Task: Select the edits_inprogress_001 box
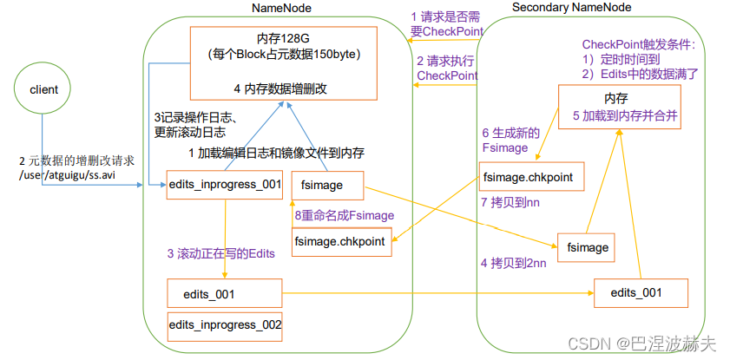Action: click(x=225, y=184)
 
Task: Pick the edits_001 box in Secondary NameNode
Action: click(x=641, y=292)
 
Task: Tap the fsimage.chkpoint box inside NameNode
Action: click(x=339, y=241)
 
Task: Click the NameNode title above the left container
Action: click(x=282, y=8)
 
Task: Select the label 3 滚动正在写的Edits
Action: click(x=220, y=253)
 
